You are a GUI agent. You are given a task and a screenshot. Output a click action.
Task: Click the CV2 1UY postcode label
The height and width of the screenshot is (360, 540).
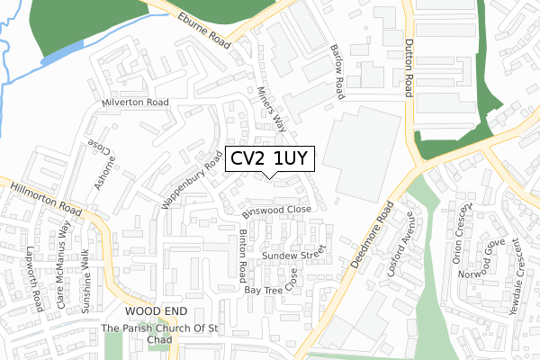[x=269, y=160]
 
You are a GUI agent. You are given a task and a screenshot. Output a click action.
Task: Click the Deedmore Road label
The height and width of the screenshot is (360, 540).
[x=372, y=240]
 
